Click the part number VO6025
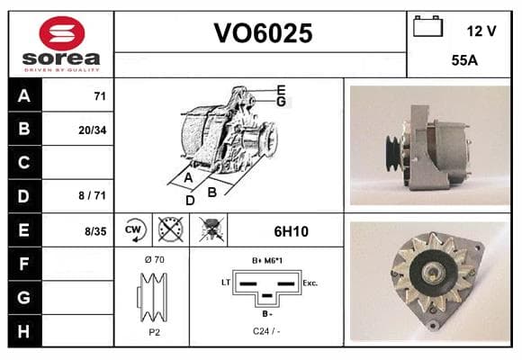(x=263, y=33)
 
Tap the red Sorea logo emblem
(x=62, y=33)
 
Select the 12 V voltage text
(x=481, y=31)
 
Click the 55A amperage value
(x=464, y=60)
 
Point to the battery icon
(x=427, y=26)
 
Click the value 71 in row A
(x=100, y=96)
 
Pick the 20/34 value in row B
(x=92, y=130)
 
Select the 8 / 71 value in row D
(x=92, y=195)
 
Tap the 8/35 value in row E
(x=95, y=231)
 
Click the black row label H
(x=24, y=331)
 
